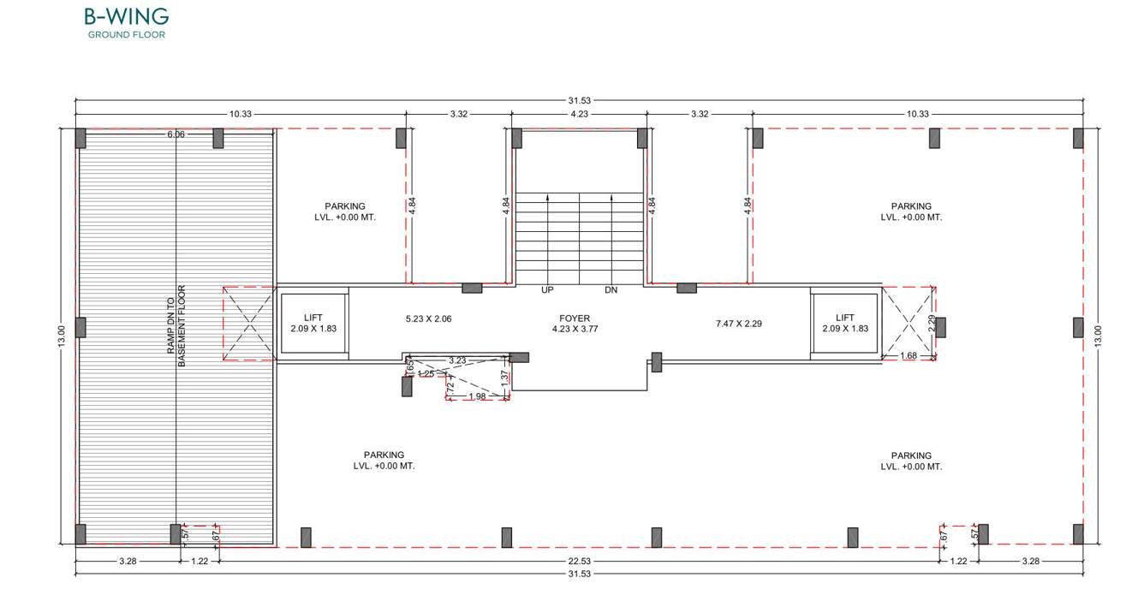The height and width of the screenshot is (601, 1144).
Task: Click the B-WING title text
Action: (126, 17)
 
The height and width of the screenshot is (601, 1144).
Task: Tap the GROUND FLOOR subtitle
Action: (126, 35)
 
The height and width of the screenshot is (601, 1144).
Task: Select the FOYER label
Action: (574, 318)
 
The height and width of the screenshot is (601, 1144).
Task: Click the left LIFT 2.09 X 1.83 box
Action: (313, 324)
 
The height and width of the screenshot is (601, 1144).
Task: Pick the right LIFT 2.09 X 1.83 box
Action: (844, 324)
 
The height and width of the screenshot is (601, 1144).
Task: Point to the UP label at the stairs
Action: (547, 290)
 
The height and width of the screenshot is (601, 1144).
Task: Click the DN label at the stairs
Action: (611, 290)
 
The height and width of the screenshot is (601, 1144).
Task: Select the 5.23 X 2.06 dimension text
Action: (428, 319)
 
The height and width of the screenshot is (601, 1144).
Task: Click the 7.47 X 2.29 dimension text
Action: (738, 324)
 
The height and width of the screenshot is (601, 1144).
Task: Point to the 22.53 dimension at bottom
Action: (580, 562)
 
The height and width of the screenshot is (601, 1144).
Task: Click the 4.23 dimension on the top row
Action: (580, 114)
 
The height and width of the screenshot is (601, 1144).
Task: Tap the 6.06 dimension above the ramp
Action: (176, 134)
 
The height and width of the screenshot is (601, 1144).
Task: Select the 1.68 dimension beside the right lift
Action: (909, 355)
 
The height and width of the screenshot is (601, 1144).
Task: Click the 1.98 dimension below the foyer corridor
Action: (478, 396)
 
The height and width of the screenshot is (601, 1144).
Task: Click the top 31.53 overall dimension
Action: (580, 101)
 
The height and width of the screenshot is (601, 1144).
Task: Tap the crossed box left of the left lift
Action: (249, 323)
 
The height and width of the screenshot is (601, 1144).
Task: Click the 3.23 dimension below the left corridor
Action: (457, 360)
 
